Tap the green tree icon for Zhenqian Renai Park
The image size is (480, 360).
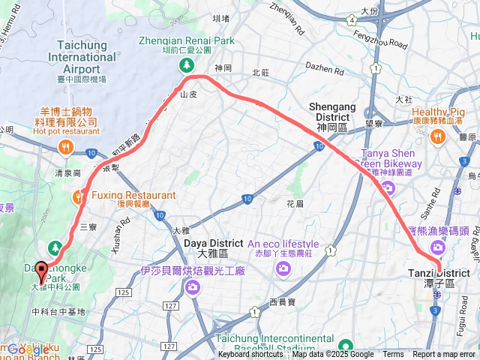[x=185, y=66]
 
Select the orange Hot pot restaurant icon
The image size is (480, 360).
[x=66, y=147]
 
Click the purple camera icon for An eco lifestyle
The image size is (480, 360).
[x=283, y=269]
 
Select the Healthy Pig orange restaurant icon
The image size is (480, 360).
[x=438, y=136]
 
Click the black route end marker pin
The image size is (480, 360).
[x=40, y=271]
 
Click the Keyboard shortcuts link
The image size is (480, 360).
[x=250, y=355]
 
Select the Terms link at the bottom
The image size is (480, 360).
[x=393, y=355]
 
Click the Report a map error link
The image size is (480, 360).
[x=444, y=355]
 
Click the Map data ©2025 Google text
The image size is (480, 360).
[x=333, y=355]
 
